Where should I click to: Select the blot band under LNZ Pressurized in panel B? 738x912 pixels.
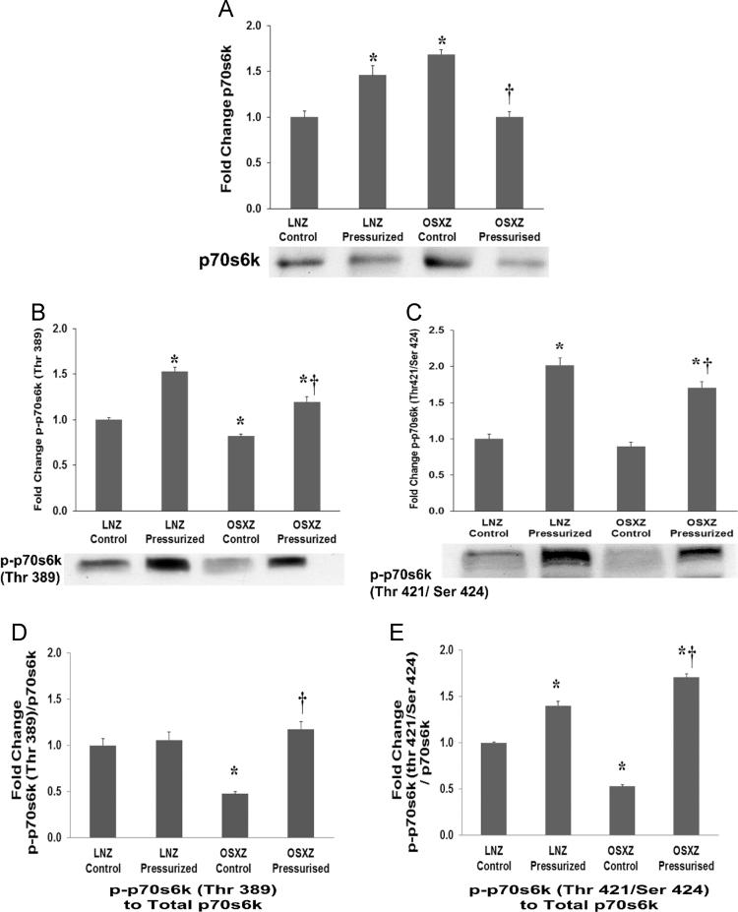(173, 564)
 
